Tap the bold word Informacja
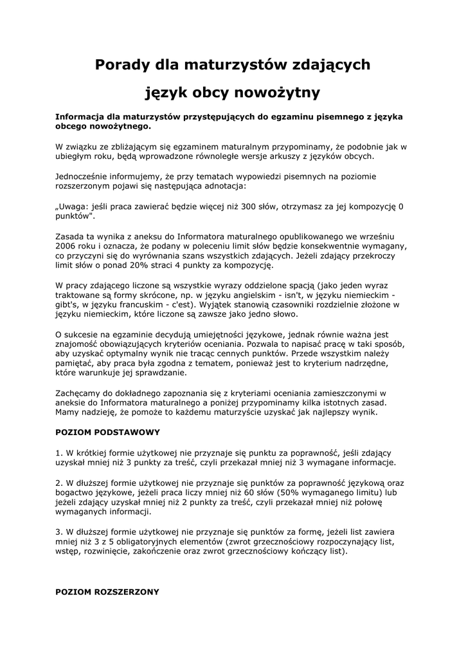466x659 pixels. tap(81, 117)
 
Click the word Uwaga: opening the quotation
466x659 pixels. tap(72, 207)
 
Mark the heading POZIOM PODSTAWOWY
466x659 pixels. tap(107, 432)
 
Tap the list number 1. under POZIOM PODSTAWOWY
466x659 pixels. tap(59, 452)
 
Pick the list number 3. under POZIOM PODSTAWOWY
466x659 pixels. tap(59, 532)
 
